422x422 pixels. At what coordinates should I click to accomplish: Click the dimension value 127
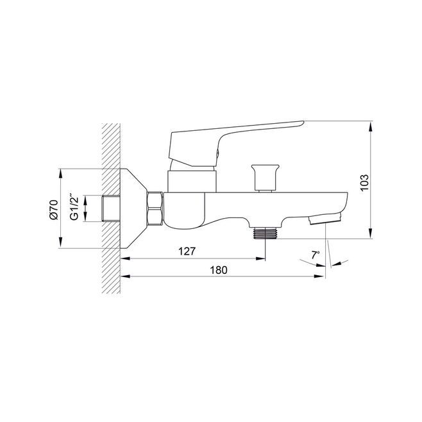pyautogui.click(x=187, y=251)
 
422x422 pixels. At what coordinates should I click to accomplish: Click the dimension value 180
pyautogui.click(x=219, y=270)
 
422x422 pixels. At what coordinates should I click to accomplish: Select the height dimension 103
pyautogui.click(x=364, y=183)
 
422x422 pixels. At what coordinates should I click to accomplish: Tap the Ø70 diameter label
pyautogui.click(x=54, y=210)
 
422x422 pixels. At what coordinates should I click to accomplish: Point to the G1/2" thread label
pyautogui.click(x=74, y=207)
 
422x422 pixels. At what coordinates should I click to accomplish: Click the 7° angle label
pyautogui.click(x=316, y=255)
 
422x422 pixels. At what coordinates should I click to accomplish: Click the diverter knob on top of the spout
pyautogui.click(x=265, y=178)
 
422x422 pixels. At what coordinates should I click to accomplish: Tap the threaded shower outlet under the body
pyautogui.click(x=265, y=233)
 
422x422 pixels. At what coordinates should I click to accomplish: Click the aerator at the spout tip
pyautogui.click(x=326, y=219)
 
